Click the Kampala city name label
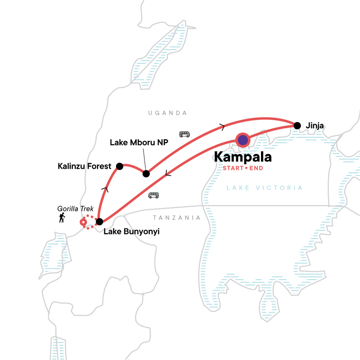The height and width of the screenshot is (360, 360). pos(243,157)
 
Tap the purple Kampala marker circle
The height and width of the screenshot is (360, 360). pos(243,140)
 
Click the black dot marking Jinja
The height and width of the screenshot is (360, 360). pos(297,126)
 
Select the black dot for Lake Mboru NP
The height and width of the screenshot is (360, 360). pos(146,174)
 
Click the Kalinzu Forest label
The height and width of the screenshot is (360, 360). pos(84,166)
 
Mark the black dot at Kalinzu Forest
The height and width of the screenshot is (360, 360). pos(119,166)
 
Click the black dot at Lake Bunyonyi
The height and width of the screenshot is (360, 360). pos(99,221)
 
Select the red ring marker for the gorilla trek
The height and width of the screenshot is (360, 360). pos(83,222)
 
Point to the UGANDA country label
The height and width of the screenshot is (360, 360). pos(167,113)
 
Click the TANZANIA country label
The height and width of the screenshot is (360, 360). pos(176,218)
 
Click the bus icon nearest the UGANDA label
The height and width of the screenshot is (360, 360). pos(184,134)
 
